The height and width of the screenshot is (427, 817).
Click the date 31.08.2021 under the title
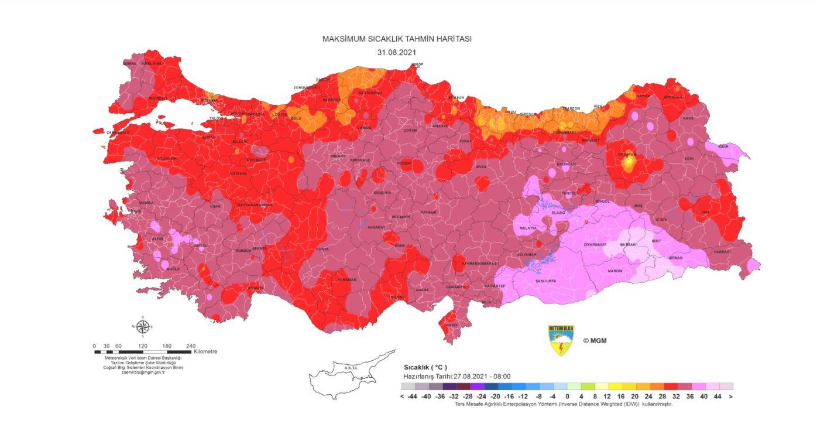tap(397, 52)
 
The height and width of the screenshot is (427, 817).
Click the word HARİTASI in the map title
tap(452, 39)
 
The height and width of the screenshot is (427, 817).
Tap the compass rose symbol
tap(142, 326)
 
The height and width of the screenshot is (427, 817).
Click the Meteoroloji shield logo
tap(561, 340)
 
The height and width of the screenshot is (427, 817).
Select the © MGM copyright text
tap(594, 340)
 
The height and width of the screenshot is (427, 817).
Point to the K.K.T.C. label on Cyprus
tap(351, 368)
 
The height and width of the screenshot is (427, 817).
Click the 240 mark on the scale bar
tap(191, 346)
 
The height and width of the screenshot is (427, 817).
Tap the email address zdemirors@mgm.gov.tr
tap(143, 373)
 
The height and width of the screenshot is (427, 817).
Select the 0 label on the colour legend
tap(567, 397)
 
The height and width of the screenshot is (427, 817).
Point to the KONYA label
tap(322, 249)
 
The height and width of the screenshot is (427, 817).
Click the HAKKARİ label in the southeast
tap(722, 251)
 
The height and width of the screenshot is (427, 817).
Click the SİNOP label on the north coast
tap(417, 64)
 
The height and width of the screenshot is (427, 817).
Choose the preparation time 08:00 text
tap(502, 377)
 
